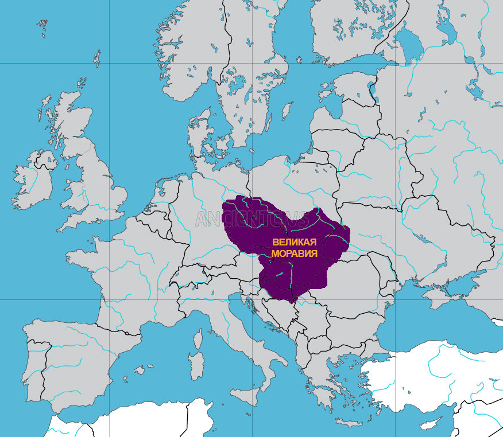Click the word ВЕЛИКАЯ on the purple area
pos(295,242)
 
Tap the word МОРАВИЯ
pos(294,253)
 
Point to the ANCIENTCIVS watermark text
pos(253,219)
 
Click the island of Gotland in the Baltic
pos(286,110)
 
